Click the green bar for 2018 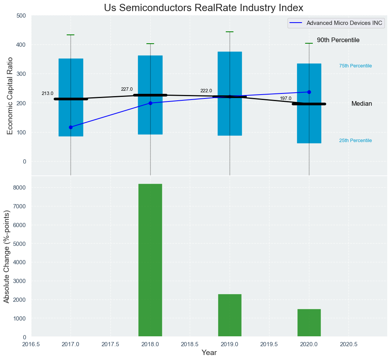pos(150,260)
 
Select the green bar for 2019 pos(230,316)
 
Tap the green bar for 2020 pos(309,323)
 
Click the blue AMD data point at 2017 pos(71,127)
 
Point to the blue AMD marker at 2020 pos(309,92)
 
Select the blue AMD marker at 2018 pos(150,103)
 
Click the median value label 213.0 pos(48,93)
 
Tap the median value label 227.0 pos(127,89)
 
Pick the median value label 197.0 pos(286,98)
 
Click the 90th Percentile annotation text pos(338,40)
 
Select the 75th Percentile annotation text pos(355,66)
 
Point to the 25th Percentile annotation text pos(355,141)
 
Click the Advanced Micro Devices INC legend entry pos(344,23)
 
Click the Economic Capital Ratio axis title pos(10,96)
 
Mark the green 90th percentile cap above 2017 pos(71,35)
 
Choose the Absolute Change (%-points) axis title pos(7,257)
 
